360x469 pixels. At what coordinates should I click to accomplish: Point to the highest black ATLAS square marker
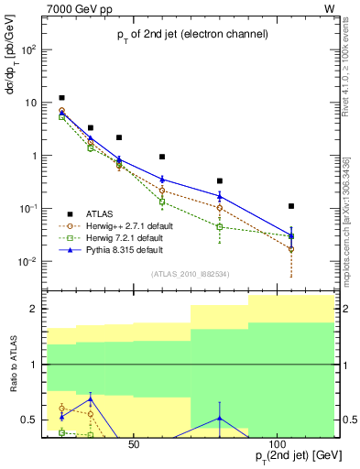[x=61, y=98]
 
